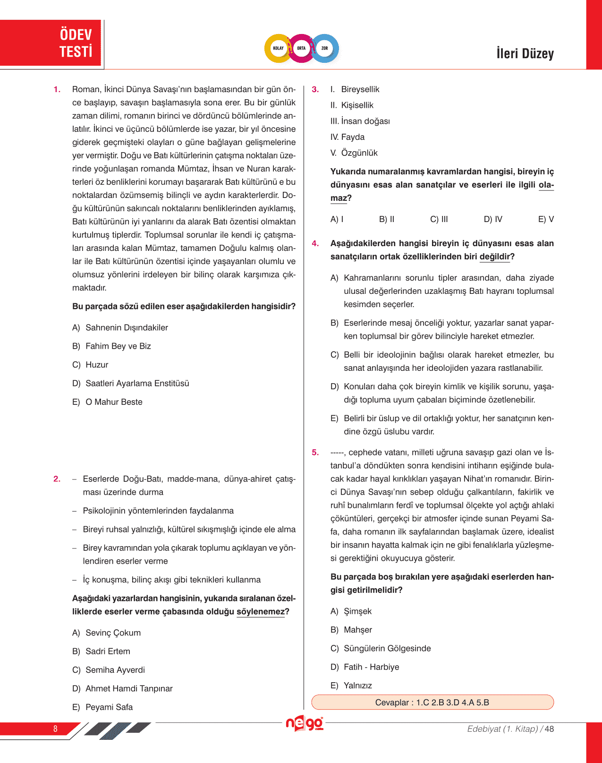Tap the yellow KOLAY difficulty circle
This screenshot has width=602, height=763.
pos(278,48)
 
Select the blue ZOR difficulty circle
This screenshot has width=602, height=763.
pos(325,48)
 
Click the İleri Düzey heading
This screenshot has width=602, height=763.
pos(525,53)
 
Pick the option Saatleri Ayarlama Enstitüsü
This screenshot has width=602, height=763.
pos(137,383)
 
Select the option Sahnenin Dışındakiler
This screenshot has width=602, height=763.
pos(127,327)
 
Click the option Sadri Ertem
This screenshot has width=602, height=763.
pos(108,651)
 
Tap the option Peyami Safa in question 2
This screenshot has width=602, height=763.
pos(109,707)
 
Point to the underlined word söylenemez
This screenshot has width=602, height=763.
pos(261,612)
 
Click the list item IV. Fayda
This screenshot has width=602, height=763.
pos(348,137)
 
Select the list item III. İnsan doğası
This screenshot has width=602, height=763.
pos(360,121)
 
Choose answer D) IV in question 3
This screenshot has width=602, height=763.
pos(493,219)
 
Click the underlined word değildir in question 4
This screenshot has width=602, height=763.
pos(495,257)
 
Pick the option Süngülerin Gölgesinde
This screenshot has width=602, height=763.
pos(387,648)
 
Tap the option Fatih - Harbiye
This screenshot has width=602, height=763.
pos(371,667)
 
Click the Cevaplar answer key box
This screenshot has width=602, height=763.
pos(432,702)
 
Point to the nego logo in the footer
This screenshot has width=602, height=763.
pos(305,723)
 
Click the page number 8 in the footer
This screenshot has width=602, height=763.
pos(55,729)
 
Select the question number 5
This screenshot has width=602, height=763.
pos(315,452)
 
